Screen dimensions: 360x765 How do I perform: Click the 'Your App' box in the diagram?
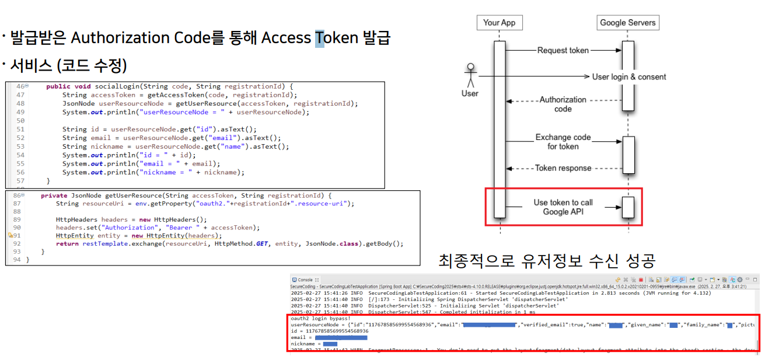(x=499, y=23)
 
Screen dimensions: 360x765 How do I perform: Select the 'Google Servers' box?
(x=628, y=23)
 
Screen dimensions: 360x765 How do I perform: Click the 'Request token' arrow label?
(x=563, y=50)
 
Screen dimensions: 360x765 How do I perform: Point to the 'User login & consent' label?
(x=629, y=76)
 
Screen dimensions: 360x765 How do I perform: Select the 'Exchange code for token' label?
(x=563, y=142)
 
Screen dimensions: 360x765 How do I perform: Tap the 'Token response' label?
(x=563, y=168)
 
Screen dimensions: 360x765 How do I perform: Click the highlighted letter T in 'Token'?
(x=320, y=38)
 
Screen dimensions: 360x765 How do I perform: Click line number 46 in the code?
(x=20, y=86)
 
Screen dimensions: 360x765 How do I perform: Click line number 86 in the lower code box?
(x=18, y=195)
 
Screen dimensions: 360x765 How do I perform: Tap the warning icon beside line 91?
(x=10, y=235)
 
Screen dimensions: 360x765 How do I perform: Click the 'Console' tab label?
(x=305, y=280)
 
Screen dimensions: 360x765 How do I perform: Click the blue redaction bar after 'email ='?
(x=341, y=337)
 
